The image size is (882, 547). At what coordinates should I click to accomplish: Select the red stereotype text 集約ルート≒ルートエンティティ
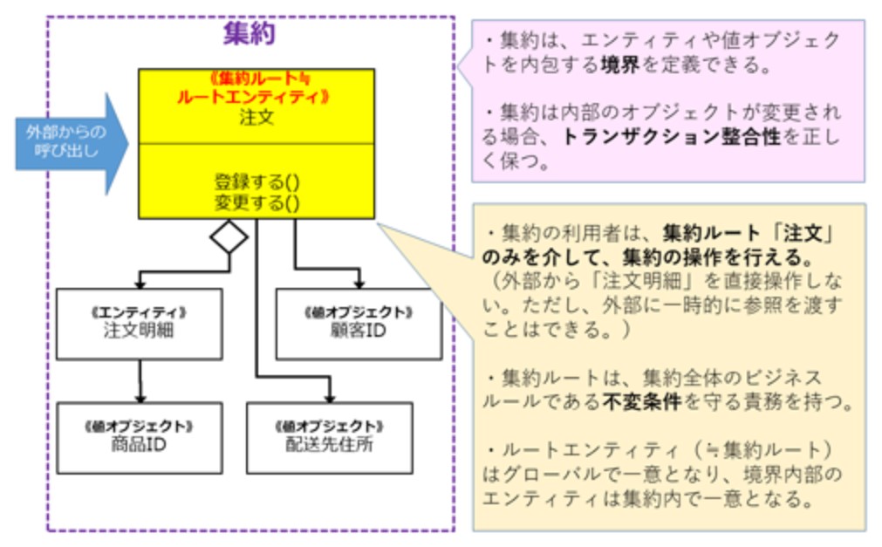(256, 87)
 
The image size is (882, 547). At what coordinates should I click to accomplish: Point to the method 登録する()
(256, 182)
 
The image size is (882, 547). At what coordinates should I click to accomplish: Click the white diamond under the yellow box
(229, 236)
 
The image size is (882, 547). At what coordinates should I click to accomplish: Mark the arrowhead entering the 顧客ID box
(359, 282)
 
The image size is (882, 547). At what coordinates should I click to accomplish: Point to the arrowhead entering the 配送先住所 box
(329, 396)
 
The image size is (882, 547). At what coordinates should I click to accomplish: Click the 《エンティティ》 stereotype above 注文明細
(139, 311)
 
